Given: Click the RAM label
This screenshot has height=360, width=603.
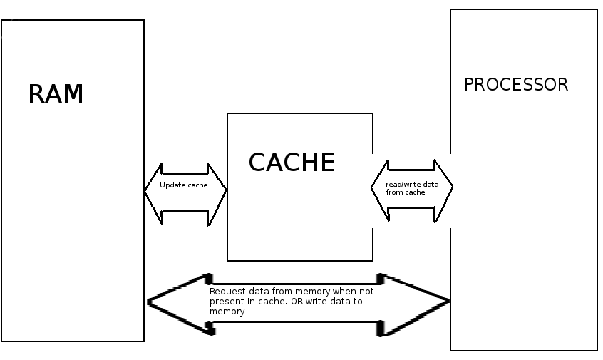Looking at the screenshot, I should (x=56, y=94).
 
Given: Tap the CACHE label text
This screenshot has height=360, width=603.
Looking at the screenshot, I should (x=292, y=163).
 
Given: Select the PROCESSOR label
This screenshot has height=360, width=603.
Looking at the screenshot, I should (x=516, y=85).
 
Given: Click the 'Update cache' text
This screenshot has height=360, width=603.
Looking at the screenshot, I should (x=184, y=185).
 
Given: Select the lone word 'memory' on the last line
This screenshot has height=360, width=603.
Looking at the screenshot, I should (x=227, y=312).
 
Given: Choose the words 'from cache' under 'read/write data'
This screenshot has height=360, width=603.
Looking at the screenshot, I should (x=406, y=192).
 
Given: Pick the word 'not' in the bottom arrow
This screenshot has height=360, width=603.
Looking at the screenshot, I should (x=366, y=292).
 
